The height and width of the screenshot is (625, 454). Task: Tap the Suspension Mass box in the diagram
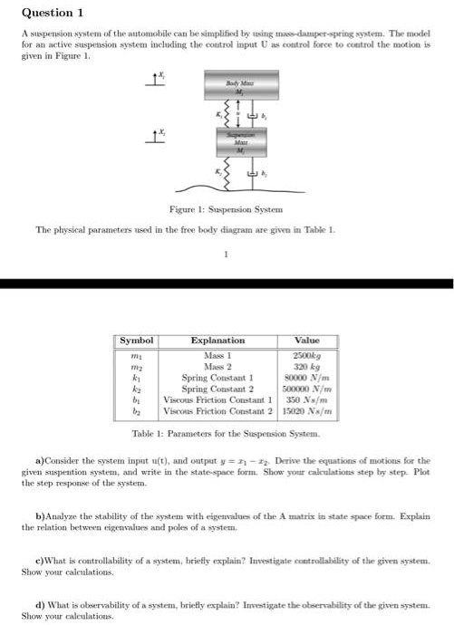click(234, 140)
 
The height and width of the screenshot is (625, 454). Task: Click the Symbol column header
click(139, 340)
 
